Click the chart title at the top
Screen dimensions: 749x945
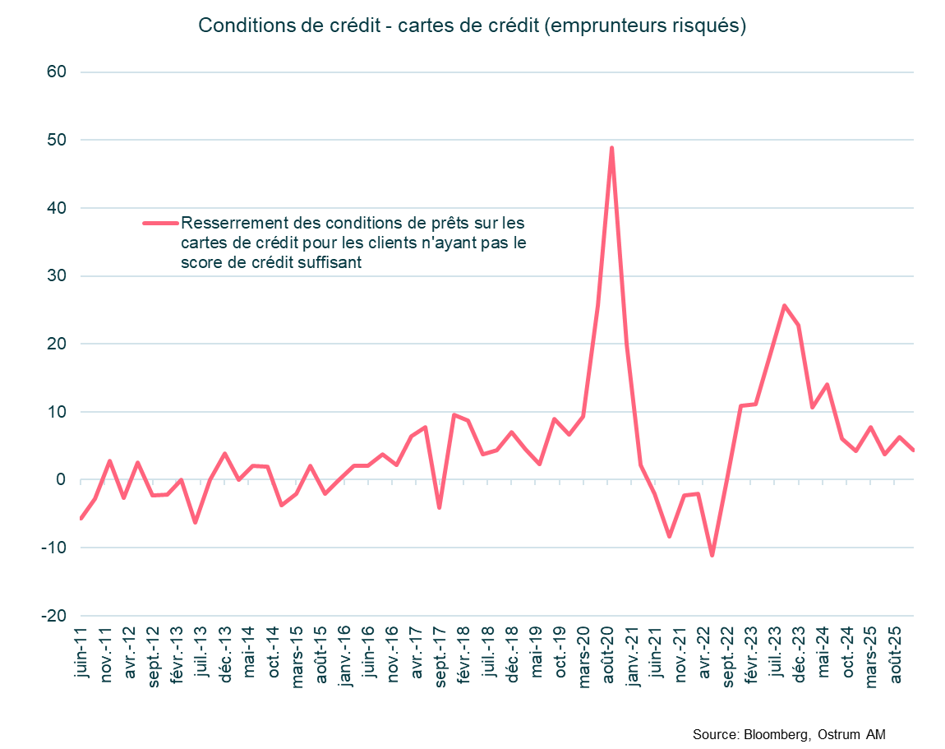(x=472, y=25)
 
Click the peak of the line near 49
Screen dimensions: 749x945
(x=611, y=148)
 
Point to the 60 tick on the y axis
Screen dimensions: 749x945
(x=57, y=72)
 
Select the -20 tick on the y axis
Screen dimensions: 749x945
(x=53, y=616)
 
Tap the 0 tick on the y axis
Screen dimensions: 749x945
(x=61, y=480)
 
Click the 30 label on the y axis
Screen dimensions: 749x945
(x=57, y=276)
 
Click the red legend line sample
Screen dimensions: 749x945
(x=160, y=223)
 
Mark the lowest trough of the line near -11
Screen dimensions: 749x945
(x=712, y=556)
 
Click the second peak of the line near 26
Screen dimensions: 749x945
(x=784, y=306)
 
